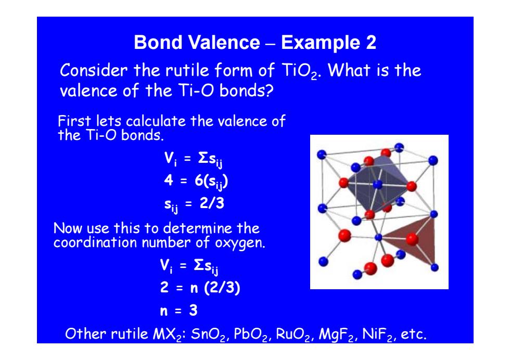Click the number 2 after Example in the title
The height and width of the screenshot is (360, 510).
371,42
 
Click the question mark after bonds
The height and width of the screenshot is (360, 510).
270,90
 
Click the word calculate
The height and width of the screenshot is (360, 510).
156,121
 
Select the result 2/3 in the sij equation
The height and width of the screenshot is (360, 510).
212,203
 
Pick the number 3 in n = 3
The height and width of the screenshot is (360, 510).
193,310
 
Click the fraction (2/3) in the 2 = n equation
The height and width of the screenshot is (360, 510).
222,288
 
